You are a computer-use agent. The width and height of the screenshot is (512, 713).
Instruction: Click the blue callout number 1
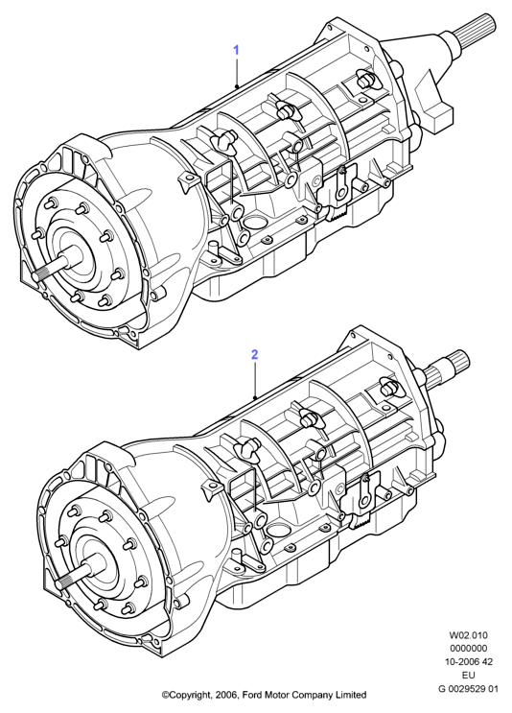pos(236,50)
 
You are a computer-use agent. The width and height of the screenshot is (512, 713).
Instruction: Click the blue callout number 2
pos(255,354)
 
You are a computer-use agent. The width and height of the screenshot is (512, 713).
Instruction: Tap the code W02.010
pos(469,635)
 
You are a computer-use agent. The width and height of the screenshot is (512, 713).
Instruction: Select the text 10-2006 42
pos(469,661)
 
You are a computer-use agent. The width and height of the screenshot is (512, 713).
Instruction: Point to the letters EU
pos(469,676)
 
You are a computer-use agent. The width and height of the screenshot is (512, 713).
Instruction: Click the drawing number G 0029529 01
pos(469,688)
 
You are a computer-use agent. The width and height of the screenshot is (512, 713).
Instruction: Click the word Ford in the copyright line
pos(251,695)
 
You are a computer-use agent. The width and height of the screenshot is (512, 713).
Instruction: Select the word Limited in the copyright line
pos(351,695)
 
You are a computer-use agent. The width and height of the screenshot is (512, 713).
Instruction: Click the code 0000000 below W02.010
pos(469,649)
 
